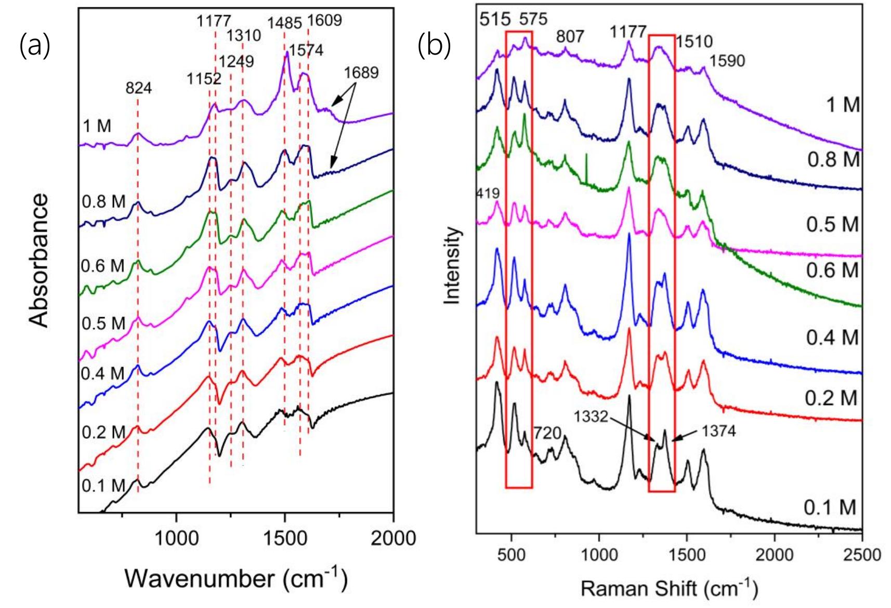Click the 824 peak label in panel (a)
click(x=138, y=88)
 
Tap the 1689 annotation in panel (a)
click(x=361, y=72)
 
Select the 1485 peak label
click(x=284, y=23)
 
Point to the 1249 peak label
click(x=236, y=61)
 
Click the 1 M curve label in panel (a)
click(x=97, y=126)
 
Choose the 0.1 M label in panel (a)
click(x=103, y=486)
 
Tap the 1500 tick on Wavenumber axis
click(x=284, y=538)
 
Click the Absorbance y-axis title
click(x=39, y=261)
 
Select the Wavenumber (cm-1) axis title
click(x=235, y=577)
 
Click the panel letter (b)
click(x=434, y=46)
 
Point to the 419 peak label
click(x=488, y=194)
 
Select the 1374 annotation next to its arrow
click(x=718, y=430)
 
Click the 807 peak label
click(x=570, y=36)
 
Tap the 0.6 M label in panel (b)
click(x=832, y=271)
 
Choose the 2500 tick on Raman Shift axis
click(x=861, y=554)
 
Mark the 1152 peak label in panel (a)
click(x=204, y=79)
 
